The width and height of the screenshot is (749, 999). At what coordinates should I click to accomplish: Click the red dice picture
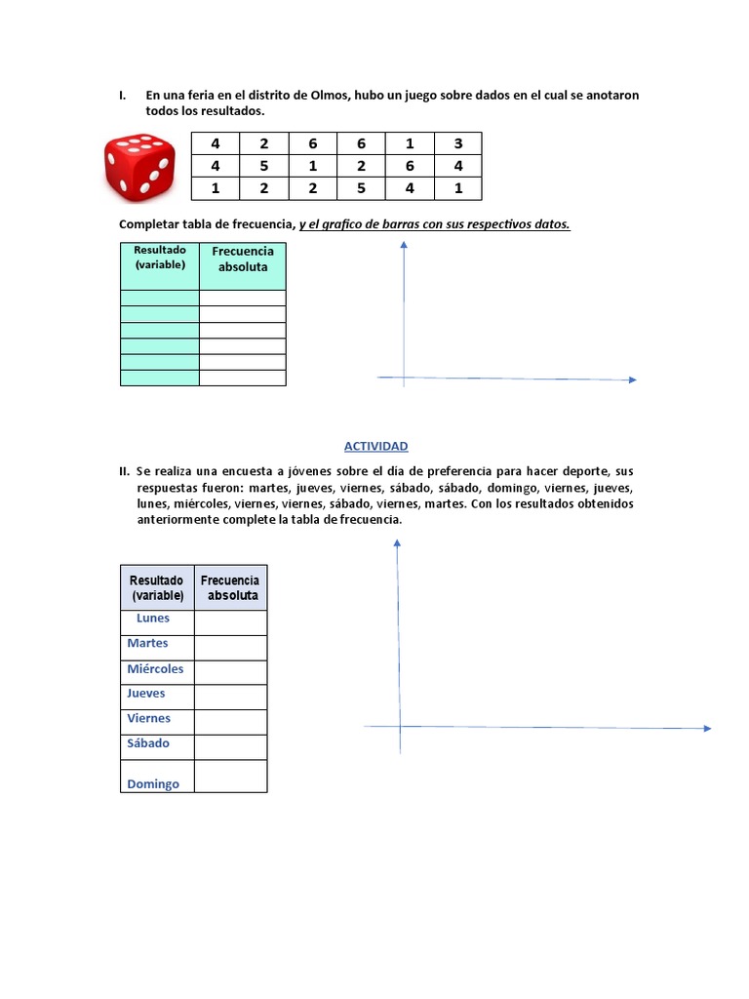coord(139,165)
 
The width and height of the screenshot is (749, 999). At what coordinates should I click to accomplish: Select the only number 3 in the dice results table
coord(457,144)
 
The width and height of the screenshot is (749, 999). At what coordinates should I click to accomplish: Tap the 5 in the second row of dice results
coord(263,166)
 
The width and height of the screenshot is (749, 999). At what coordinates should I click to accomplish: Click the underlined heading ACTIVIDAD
coord(375,446)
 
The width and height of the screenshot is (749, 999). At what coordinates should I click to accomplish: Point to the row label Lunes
coord(153,618)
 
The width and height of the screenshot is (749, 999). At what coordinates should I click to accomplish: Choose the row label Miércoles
coord(155,669)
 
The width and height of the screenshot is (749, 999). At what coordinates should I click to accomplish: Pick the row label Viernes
coord(148,718)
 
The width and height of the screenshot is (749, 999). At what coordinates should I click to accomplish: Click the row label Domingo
coord(153,783)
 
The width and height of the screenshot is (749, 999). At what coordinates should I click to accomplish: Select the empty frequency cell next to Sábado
coord(230,746)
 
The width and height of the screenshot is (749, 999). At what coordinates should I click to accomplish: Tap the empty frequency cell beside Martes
coord(230,648)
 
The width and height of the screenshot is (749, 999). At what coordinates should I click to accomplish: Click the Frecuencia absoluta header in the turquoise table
coord(243,259)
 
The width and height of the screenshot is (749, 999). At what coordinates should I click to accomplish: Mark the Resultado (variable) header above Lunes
coord(157,587)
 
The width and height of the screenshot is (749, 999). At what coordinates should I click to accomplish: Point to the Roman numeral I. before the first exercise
coord(123,96)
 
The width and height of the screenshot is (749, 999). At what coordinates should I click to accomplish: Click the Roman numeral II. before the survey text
coord(124,472)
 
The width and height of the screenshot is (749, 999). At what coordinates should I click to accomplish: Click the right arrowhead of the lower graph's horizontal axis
coord(707,728)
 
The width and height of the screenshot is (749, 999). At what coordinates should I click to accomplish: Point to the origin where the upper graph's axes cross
coord(404,378)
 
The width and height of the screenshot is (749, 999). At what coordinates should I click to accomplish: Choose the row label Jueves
coord(146,694)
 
